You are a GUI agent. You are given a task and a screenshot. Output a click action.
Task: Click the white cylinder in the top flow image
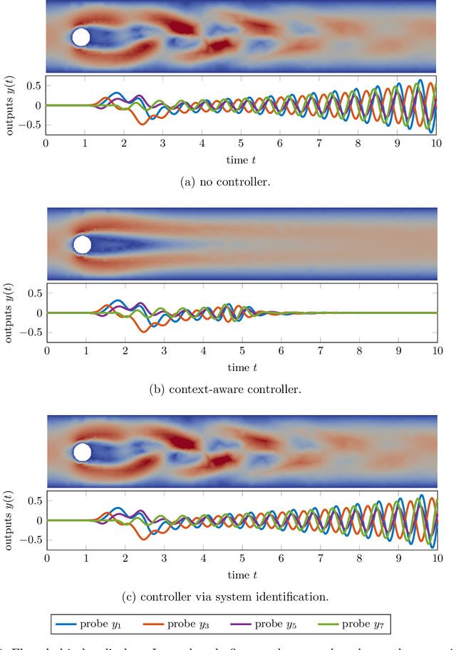point(81,37)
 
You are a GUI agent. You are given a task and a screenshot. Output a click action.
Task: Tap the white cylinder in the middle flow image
point(83,245)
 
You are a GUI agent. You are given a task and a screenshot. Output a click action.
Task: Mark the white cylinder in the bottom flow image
point(83,452)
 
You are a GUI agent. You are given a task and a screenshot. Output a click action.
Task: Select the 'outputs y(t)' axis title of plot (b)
point(8,313)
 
